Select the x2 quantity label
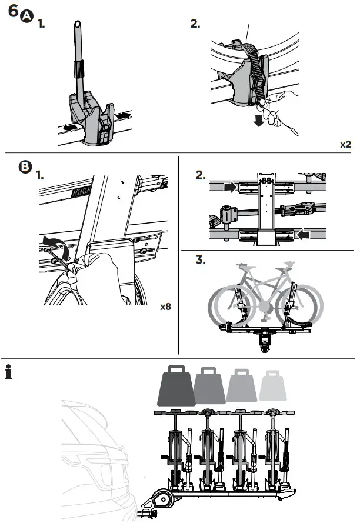click(346, 144)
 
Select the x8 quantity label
click(165, 307)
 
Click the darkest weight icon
click(174, 385)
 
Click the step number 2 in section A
click(195, 24)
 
